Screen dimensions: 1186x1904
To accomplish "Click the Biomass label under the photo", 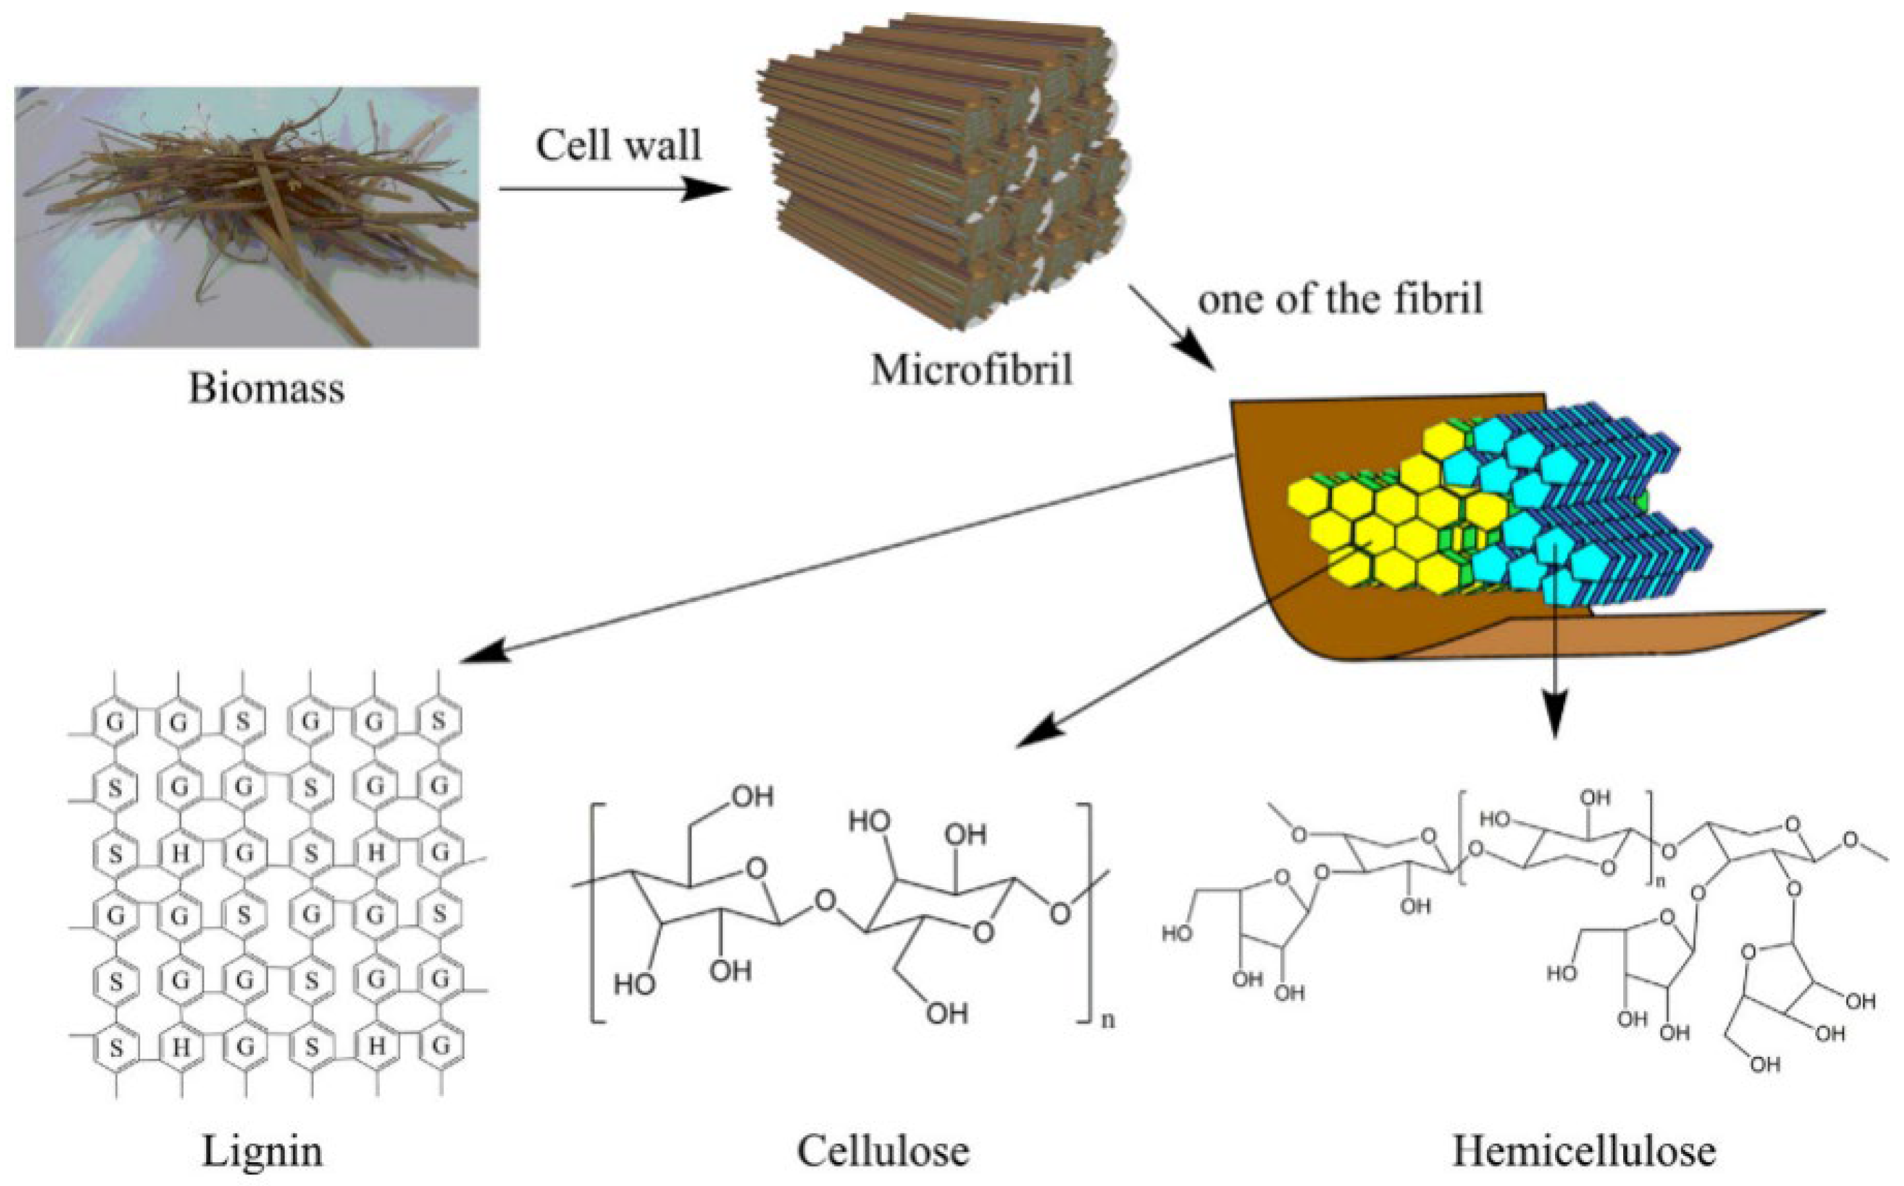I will click(x=266, y=387).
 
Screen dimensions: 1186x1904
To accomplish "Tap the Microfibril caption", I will click(x=971, y=369).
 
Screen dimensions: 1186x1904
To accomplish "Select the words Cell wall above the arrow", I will click(x=618, y=145).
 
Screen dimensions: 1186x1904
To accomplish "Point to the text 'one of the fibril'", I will click(x=1340, y=299).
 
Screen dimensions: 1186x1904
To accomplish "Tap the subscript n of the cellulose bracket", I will click(x=1108, y=1020).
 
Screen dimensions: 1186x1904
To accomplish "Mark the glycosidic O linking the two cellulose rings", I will click(x=824, y=899).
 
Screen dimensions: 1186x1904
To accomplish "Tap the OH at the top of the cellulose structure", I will click(x=752, y=797).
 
